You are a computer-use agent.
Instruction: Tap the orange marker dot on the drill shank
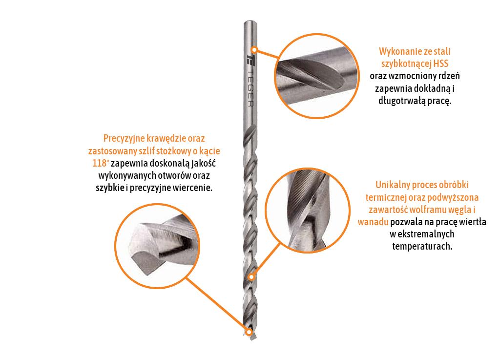(x=254, y=49)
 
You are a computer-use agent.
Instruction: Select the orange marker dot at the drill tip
(x=249, y=332)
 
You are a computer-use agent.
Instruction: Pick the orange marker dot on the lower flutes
(x=251, y=277)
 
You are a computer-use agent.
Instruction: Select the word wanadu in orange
(x=373, y=222)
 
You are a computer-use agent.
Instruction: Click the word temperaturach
(x=422, y=246)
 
